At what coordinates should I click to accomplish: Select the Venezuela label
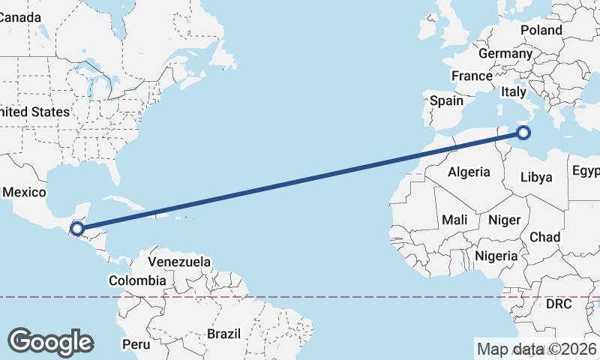coord(179,262)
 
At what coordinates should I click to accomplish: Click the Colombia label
coord(137,280)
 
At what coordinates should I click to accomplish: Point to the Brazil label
coord(223,333)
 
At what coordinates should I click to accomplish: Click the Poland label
coord(541,30)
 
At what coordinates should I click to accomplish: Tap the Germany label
coord(505,54)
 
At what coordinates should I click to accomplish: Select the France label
coord(472,76)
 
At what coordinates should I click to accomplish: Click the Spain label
coord(446,100)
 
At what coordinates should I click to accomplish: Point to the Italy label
coord(514,91)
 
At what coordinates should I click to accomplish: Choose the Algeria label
coord(469,172)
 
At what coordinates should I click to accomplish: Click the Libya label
coord(536,178)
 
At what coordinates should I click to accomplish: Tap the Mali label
coord(454,220)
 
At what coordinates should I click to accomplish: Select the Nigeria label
coord(496,256)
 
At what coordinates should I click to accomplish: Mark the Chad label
coord(544,236)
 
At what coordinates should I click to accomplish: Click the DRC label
coord(559,304)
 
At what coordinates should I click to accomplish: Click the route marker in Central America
coord(76,228)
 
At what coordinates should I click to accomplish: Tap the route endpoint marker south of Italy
coord(523,133)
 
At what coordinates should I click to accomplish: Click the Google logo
coord(50,342)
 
